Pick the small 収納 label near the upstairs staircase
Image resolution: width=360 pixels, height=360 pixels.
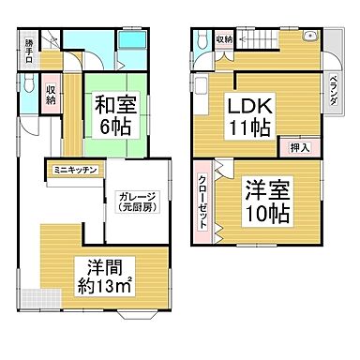point(223,39)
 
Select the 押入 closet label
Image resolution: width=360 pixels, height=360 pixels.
point(294,147)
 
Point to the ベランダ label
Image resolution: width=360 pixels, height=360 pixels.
point(332,91)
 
